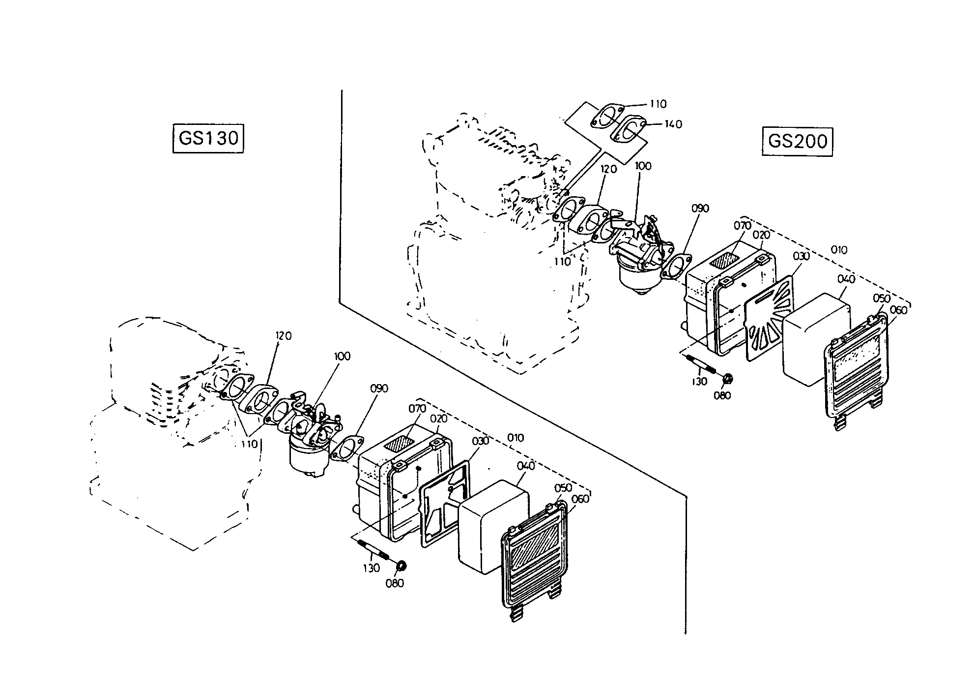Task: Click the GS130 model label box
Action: pyautogui.click(x=209, y=138)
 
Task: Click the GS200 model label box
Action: pyautogui.click(x=797, y=141)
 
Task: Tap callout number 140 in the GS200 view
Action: pyautogui.click(x=673, y=124)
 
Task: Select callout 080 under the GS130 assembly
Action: pyautogui.click(x=395, y=583)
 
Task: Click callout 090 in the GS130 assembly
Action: pyautogui.click(x=379, y=389)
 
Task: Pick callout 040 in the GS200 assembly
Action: pyautogui.click(x=846, y=279)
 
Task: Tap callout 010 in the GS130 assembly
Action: pyautogui.click(x=515, y=438)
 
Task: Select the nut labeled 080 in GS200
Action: pyautogui.click(x=728, y=378)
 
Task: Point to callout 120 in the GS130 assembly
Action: pyautogui.click(x=284, y=336)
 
